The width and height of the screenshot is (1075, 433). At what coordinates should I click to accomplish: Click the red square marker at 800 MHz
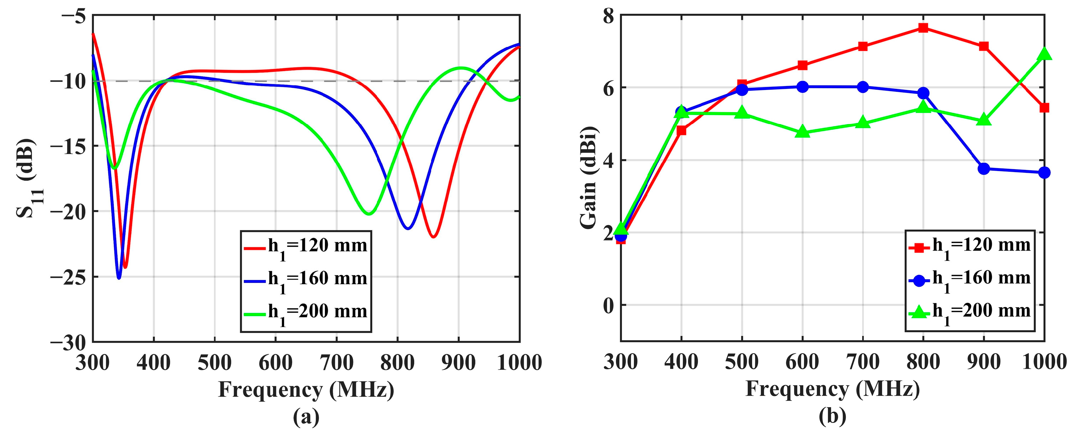pos(923,28)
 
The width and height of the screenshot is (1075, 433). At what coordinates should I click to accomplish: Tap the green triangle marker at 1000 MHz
pos(1045,54)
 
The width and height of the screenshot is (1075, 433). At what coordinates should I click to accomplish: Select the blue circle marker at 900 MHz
pos(984,168)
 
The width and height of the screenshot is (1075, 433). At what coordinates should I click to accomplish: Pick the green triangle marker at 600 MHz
pos(802,133)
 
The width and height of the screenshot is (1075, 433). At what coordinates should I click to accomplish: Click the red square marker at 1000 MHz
pos(1045,108)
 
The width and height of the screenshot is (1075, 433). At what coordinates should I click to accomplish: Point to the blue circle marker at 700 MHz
pos(863,87)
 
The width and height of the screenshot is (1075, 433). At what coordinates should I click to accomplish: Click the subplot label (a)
pos(306,417)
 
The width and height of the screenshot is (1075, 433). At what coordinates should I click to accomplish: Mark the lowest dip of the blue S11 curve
pos(119,278)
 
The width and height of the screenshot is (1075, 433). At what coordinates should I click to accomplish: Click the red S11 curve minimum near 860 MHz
pos(433,237)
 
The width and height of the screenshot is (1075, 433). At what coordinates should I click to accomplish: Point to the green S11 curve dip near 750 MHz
pos(368,214)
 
